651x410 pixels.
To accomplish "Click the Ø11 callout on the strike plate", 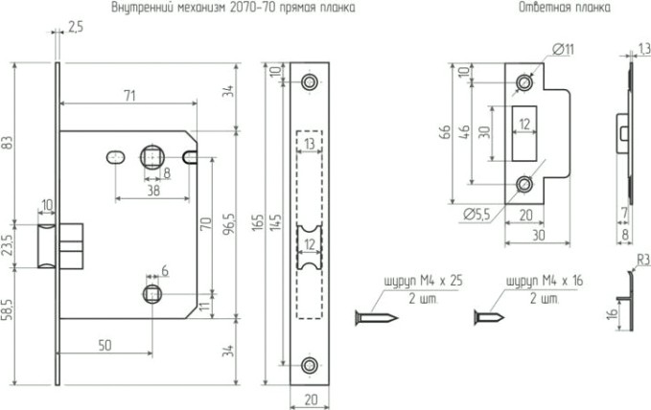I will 563,49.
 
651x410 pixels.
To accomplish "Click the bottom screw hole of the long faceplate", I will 309,365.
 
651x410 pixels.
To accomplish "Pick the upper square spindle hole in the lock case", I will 151,155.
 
